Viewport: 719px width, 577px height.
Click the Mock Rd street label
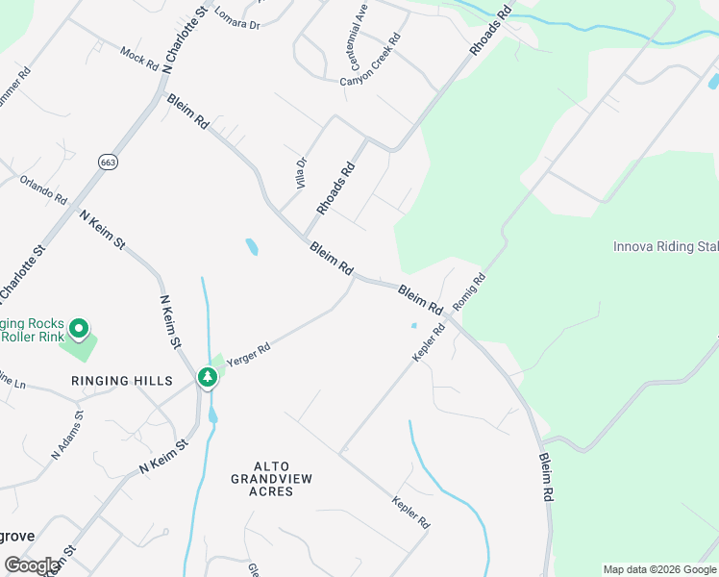pos(138,59)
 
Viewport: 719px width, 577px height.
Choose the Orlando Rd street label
pos(44,188)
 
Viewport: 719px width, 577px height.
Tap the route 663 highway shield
pos(108,163)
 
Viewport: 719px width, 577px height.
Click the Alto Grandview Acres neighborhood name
pos(270,485)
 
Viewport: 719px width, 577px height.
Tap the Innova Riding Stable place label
pos(665,246)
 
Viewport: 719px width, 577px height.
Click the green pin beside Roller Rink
pos(81,330)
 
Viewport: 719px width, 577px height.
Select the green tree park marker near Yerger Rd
pos(207,377)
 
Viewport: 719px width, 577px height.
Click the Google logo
pos(32,565)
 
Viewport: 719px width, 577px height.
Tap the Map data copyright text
pos(659,569)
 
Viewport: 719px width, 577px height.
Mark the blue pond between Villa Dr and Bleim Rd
pos(252,247)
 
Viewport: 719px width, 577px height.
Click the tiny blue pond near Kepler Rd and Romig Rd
pos(414,325)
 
